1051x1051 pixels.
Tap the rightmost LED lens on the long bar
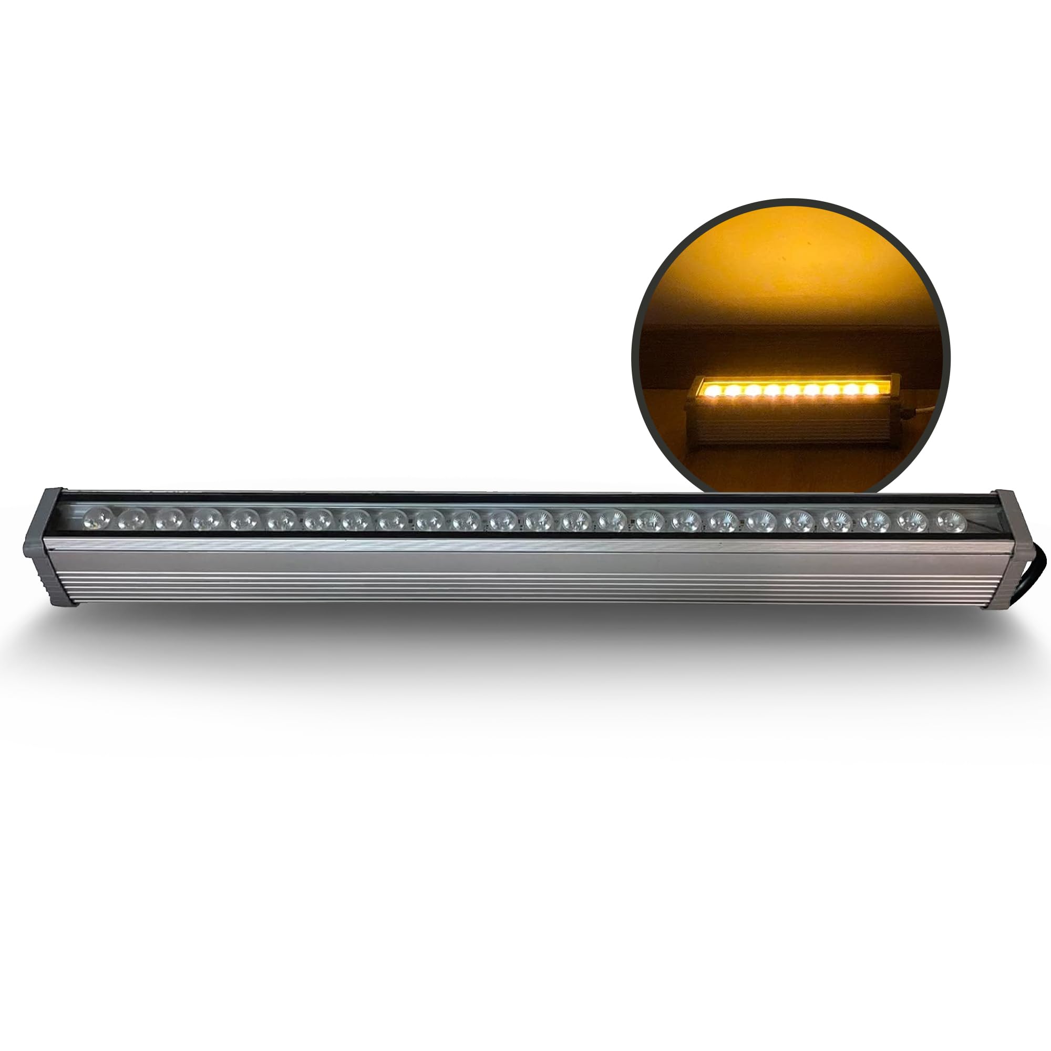pos(951,521)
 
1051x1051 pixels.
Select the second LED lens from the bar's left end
pos(133,519)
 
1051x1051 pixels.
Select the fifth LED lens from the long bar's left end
pos(243,520)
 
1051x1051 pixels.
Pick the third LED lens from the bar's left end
pos(170,519)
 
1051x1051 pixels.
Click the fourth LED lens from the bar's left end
pos(206,520)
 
